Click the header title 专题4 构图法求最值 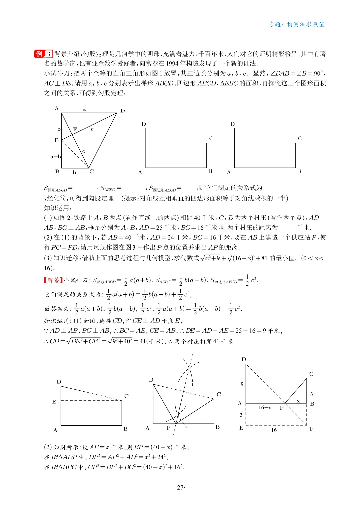click(296, 24)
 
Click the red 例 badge click(39, 54)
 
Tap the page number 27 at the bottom click(180, 487)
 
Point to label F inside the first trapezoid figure click(75, 129)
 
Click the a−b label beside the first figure click(55, 157)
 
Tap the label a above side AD click(84, 110)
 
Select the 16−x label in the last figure click(265, 408)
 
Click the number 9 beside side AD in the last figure click(242, 384)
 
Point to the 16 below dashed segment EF click(274, 430)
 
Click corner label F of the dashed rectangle click(311, 429)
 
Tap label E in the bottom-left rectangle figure click(54, 402)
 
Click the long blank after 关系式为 click(295, 188)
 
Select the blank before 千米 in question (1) click(289, 228)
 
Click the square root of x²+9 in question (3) click(210, 258)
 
